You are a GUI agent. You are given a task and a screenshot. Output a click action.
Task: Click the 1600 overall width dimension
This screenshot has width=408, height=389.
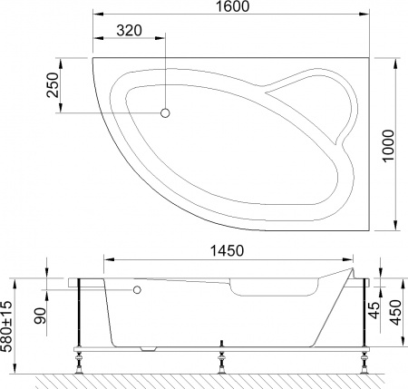click(228, 8)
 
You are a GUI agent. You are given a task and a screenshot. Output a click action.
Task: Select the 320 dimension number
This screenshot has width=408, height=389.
click(130, 31)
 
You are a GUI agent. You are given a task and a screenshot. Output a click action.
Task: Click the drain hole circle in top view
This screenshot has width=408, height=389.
click(166, 113)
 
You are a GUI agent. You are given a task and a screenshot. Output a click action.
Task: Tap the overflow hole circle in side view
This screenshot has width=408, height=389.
click(137, 290)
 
